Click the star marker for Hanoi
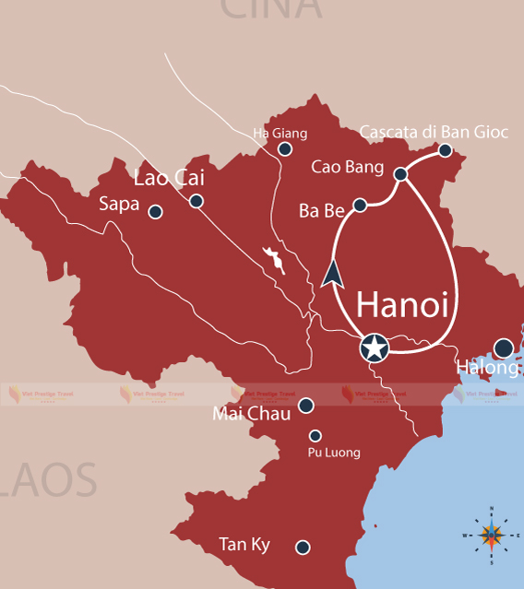point(374,348)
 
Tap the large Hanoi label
point(402,305)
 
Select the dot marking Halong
point(504,348)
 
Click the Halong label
point(488,368)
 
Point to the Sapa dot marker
point(155,211)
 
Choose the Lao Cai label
point(169,177)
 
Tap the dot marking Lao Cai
point(196,201)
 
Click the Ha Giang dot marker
point(285,148)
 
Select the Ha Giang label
point(280,134)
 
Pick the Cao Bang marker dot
point(400,174)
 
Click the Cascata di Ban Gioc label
point(434,132)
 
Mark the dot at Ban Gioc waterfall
point(446,150)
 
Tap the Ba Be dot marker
point(361,205)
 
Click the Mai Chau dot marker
point(306,405)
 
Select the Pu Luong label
point(334,453)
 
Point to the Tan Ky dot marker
point(303,548)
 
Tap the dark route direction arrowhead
point(332,274)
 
